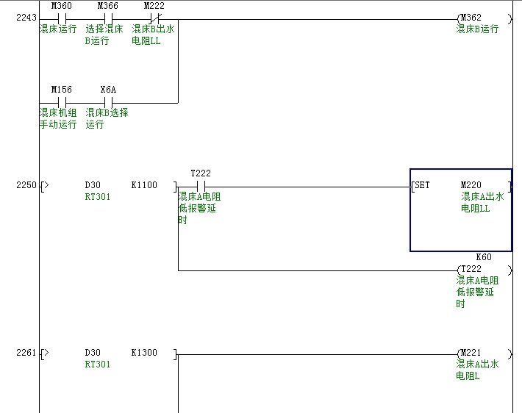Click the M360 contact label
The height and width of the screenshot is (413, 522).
point(61,6)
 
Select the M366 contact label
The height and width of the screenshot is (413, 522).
point(107,6)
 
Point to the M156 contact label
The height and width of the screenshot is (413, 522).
point(61,90)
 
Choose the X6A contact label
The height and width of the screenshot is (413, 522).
point(108,90)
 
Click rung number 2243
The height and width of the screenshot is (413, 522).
point(26,18)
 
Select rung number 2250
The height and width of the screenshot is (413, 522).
point(26,185)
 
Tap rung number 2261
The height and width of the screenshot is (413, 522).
point(26,353)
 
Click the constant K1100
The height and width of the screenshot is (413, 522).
point(143,185)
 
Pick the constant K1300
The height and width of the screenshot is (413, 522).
point(143,353)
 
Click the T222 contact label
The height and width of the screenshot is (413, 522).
point(200,173)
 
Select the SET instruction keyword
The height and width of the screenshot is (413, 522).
point(423,185)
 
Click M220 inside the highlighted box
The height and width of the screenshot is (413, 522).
point(471,185)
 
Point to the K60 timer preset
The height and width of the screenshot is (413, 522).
point(484,257)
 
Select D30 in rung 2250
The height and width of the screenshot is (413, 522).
point(93,185)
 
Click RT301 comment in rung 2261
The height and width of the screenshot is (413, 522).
point(97,364)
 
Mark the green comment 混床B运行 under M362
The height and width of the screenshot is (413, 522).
point(477,29)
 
